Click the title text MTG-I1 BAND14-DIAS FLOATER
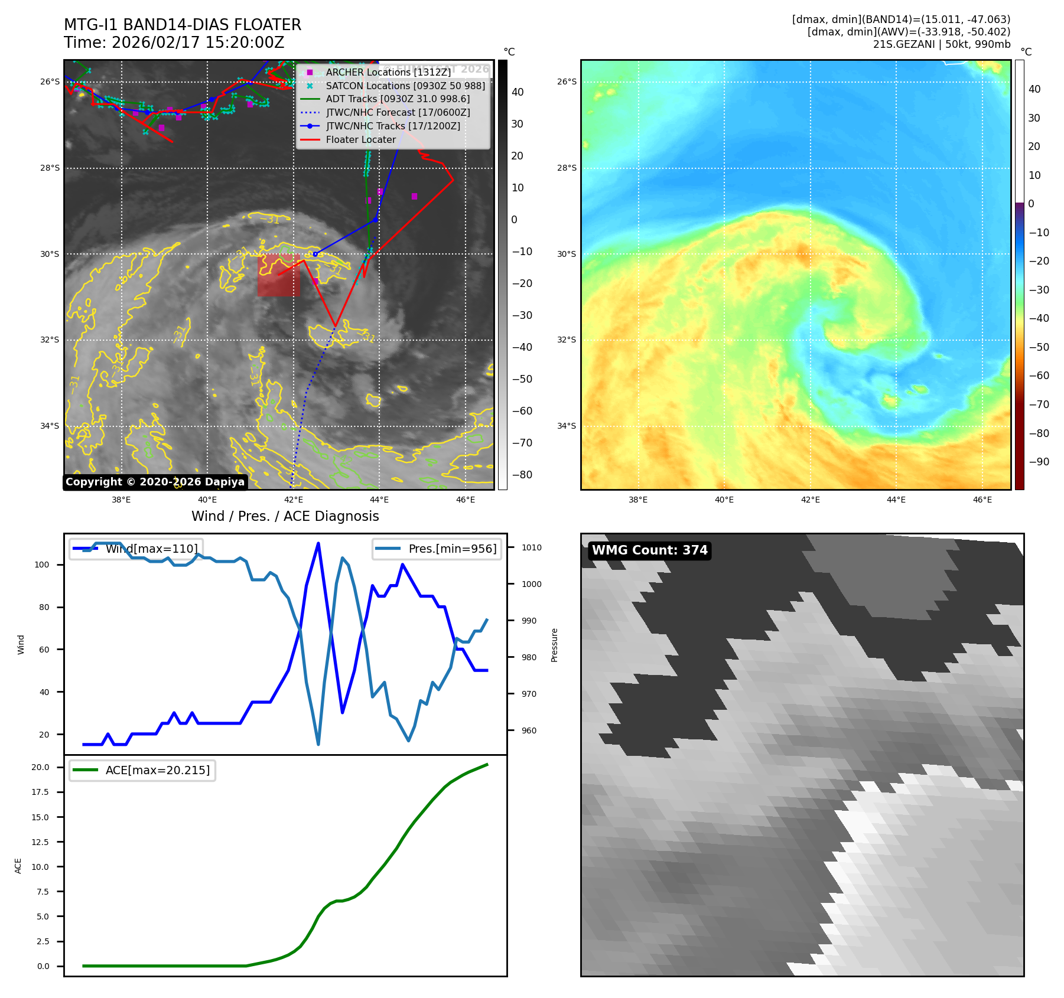coord(183,25)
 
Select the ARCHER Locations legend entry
coord(388,72)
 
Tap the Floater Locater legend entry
coord(360,139)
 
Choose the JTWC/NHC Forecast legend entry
coord(398,112)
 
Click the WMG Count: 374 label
coord(649,550)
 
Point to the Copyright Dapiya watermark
coord(155,482)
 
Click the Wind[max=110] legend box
coord(136,549)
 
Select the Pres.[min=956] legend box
coord(437,549)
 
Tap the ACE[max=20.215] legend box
coord(142,770)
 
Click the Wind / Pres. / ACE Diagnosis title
coord(285,516)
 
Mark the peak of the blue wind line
coord(318,543)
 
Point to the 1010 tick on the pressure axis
coord(531,547)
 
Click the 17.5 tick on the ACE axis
coord(40,792)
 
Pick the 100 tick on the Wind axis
coord(41,565)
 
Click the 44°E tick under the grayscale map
coord(379,500)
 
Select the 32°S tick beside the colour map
coord(566,340)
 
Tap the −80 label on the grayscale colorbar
coord(522,475)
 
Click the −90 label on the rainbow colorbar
coord(1039,462)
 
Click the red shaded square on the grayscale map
coord(278,275)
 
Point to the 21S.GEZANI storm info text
coord(941,44)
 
